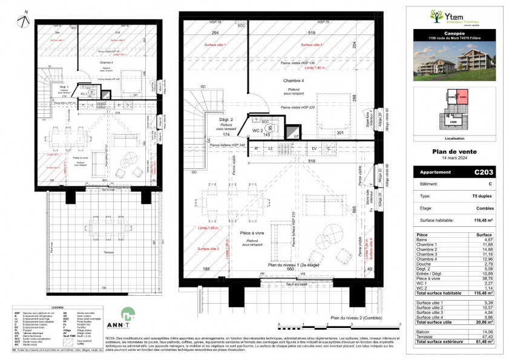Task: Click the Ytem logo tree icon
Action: pyautogui.click(x=435, y=15)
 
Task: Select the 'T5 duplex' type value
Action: pyautogui.click(x=482, y=197)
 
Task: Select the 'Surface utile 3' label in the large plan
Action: pyautogui.click(x=207, y=249)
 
